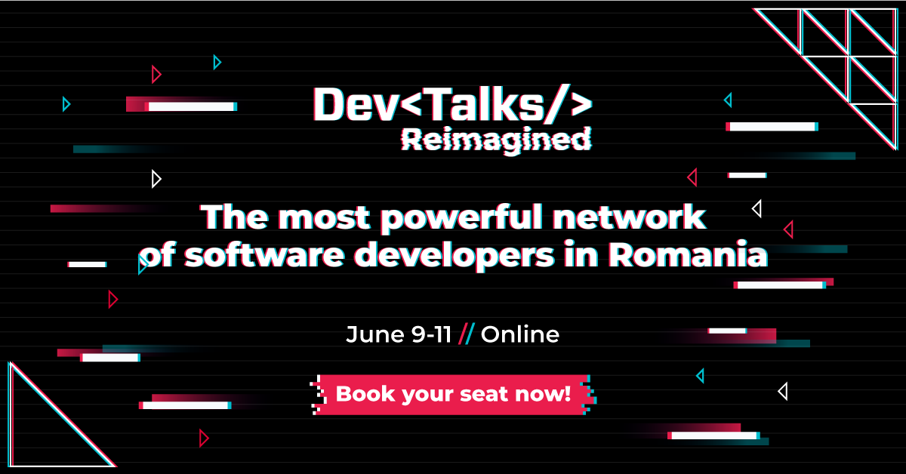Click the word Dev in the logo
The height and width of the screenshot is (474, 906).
353,104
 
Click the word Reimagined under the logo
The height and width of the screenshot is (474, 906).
495,139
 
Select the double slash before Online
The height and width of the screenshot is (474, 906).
466,334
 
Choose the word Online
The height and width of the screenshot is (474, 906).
520,334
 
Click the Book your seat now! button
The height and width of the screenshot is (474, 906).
453,394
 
